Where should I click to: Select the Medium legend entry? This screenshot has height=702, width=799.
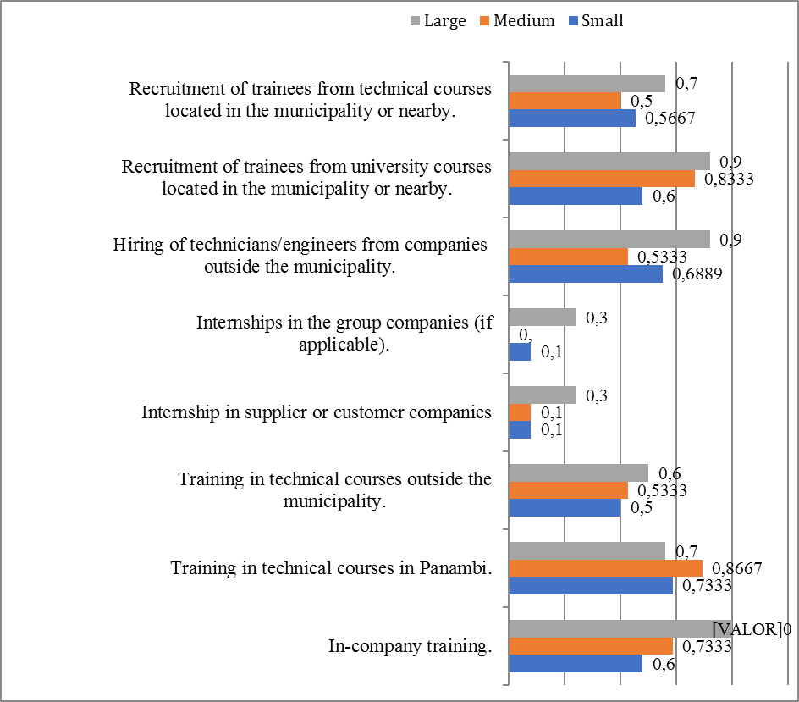tap(521, 21)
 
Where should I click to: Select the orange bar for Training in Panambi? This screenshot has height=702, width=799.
tap(605, 567)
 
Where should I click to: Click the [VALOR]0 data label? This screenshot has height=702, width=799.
tap(751, 629)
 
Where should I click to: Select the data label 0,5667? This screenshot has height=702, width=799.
tap(670, 119)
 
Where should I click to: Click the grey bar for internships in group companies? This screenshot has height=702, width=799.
tap(542, 318)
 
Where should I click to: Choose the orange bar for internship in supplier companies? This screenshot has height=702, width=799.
tap(520, 412)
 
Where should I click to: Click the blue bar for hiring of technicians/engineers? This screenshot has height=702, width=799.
tap(585, 274)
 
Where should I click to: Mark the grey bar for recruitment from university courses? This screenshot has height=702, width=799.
tap(609, 161)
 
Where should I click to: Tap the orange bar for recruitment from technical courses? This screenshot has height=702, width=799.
tap(565, 101)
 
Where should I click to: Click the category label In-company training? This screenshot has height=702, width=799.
tap(411, 647)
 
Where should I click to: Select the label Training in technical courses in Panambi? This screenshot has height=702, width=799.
tap(331, 567)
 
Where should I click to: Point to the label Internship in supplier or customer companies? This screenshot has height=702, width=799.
tap(317, 412)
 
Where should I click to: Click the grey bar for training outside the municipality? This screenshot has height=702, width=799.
tap(578, 473)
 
